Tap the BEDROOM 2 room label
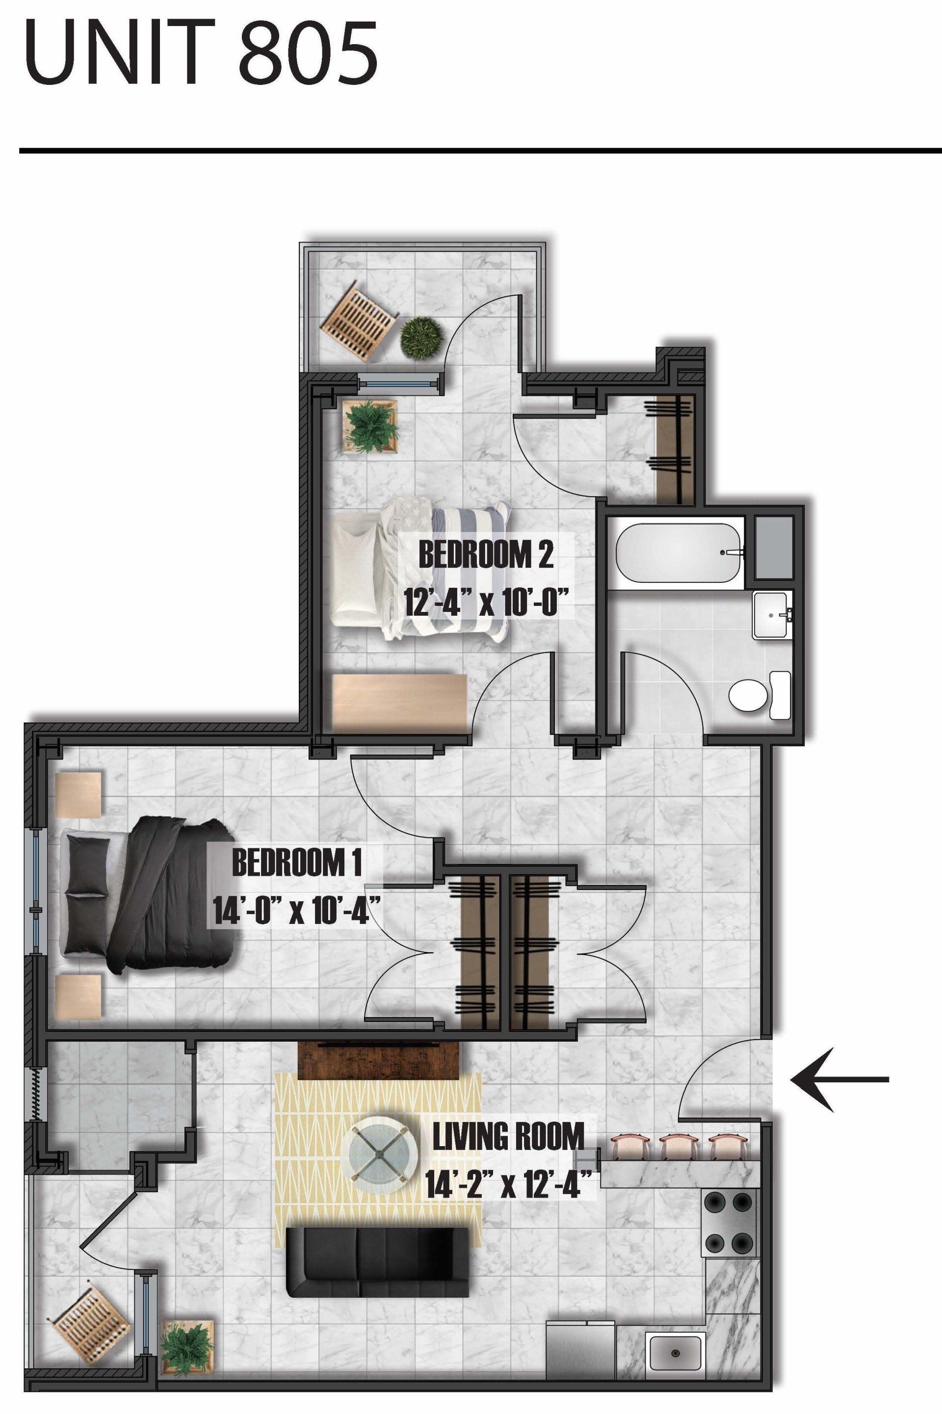coord(485,555)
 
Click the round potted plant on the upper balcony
coord(420,339)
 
